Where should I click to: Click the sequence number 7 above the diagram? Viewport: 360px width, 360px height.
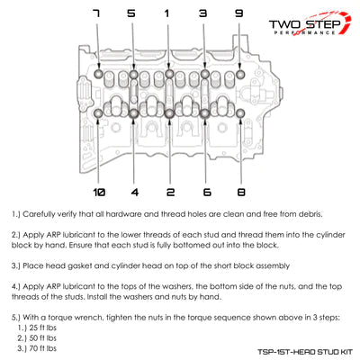96,13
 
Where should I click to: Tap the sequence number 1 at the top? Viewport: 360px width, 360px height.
166,13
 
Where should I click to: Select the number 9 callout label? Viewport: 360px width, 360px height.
238,13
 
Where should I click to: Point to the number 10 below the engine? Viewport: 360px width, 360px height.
99,192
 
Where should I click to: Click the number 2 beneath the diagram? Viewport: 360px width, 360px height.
170,192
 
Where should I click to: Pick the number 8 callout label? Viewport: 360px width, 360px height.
241,192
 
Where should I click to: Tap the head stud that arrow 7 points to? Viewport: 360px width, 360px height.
99,74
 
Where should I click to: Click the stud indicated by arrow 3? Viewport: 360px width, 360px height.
205,74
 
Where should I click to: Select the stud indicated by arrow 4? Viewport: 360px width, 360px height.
134,113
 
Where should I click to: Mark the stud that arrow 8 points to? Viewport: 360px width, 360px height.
240,113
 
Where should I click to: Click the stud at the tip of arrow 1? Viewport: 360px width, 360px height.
169,74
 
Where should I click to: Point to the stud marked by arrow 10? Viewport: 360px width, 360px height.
98,113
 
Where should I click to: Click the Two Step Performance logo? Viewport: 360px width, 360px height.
310,23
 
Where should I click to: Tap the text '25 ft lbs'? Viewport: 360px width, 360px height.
43,328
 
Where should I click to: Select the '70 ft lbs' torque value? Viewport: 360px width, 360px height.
43,348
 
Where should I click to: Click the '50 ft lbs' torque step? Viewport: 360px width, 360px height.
43,338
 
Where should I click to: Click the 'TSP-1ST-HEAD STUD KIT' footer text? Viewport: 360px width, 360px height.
305,352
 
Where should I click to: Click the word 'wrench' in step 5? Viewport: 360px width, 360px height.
90,318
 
